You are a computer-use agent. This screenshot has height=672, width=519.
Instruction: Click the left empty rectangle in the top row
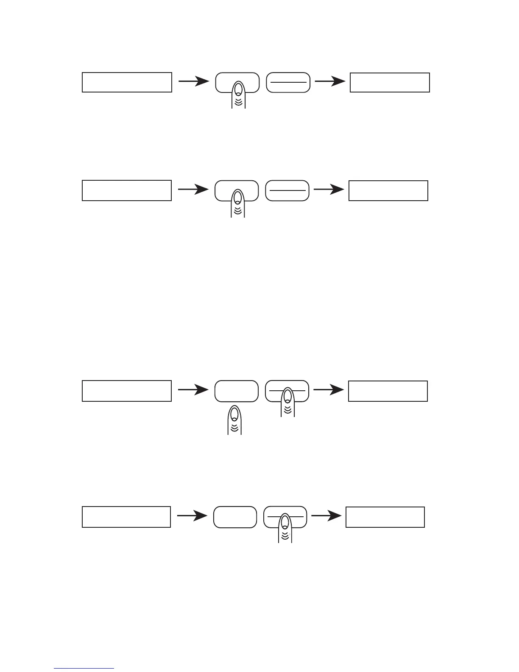click(127, 82)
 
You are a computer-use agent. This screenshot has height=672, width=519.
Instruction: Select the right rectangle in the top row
click(390, 82)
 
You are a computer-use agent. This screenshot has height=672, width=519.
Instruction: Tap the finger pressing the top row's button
click(238, 94)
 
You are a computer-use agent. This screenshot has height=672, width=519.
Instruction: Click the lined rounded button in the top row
click(288, 82)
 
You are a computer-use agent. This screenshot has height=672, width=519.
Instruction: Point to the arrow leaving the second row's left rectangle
click(193, 190)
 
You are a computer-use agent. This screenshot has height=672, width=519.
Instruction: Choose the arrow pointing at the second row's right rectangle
click(329, 190)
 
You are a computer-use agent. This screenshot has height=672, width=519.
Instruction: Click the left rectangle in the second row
click(126, 190)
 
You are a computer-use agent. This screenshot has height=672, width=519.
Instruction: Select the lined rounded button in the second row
click(287, 190)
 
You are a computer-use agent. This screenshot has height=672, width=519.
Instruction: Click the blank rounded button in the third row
click(236, 391)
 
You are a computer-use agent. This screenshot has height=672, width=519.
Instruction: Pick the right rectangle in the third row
click(388, 391)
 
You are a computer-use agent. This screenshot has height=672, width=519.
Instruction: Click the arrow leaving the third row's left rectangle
click(193, 391)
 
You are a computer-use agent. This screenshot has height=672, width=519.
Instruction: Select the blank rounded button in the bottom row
click(235, 517)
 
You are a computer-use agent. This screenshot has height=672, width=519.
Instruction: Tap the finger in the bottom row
click(285, 528)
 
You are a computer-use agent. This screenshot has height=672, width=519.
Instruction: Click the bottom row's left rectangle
click(126, 517)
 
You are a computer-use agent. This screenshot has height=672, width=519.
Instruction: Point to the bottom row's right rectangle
click(385, 517)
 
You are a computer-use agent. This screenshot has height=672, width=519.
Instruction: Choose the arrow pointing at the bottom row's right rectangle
click(326, 516)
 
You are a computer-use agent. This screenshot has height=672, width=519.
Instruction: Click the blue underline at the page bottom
click(84, 668)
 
